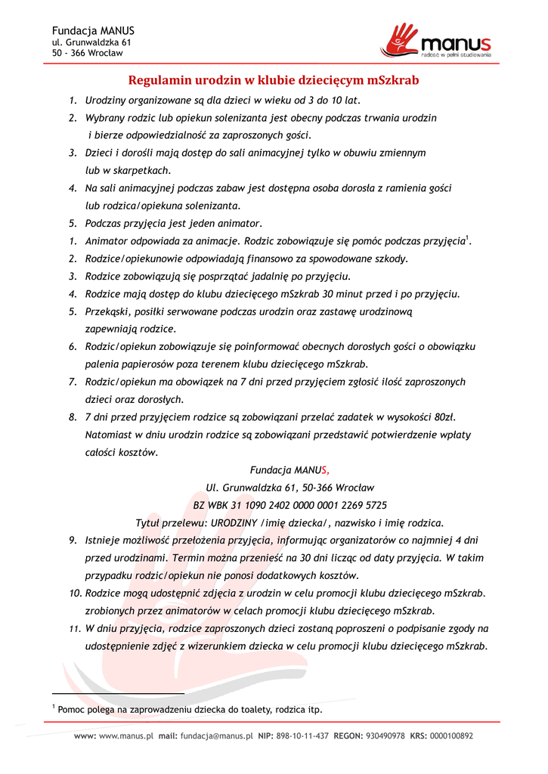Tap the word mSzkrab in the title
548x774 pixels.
394,80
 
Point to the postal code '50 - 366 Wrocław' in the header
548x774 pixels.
87,53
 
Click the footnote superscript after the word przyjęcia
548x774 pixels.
468,238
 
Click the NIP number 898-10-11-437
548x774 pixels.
302,735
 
